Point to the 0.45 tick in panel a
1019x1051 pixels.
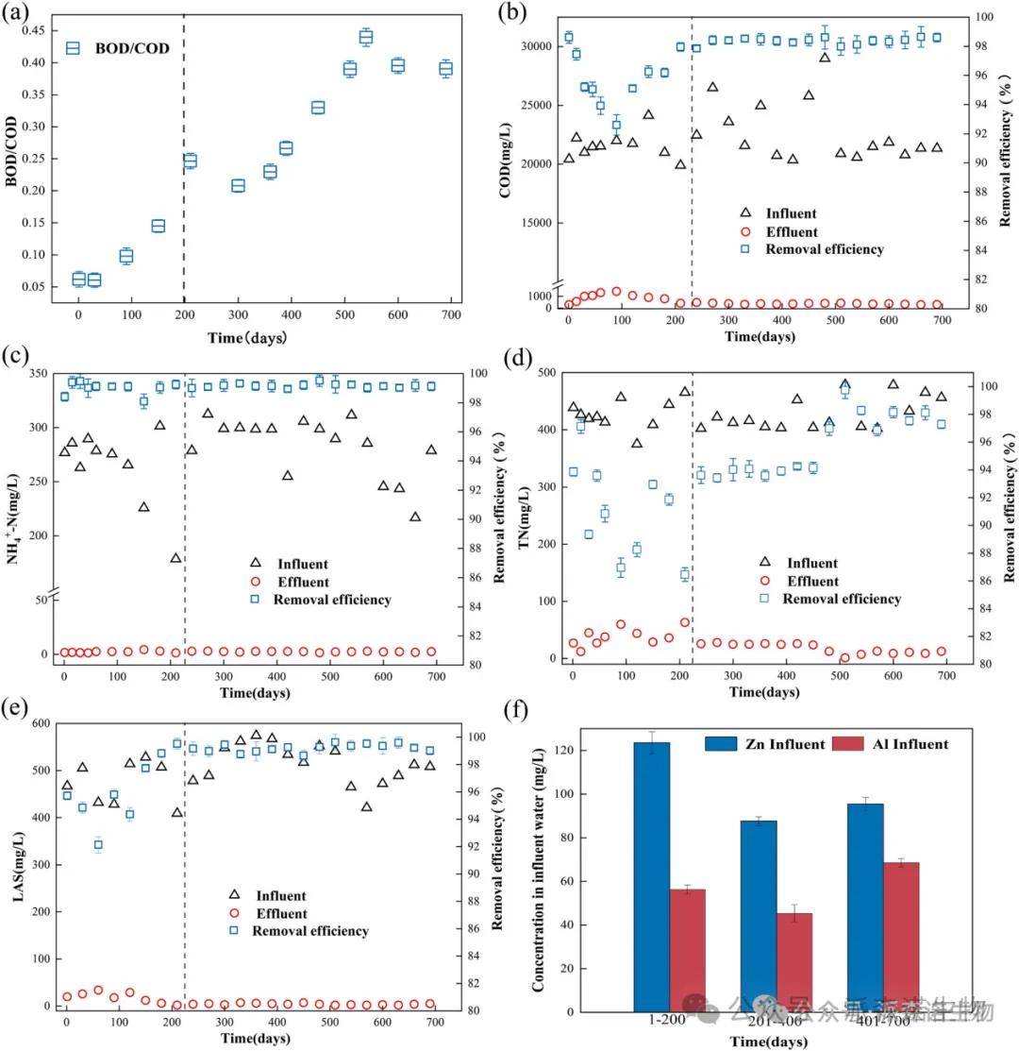[x=38, y=30]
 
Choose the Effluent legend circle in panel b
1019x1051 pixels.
[x=745, y=232]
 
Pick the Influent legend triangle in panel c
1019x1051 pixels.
[x=255, y=565]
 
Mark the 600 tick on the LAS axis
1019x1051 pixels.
[x=37, y=724]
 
